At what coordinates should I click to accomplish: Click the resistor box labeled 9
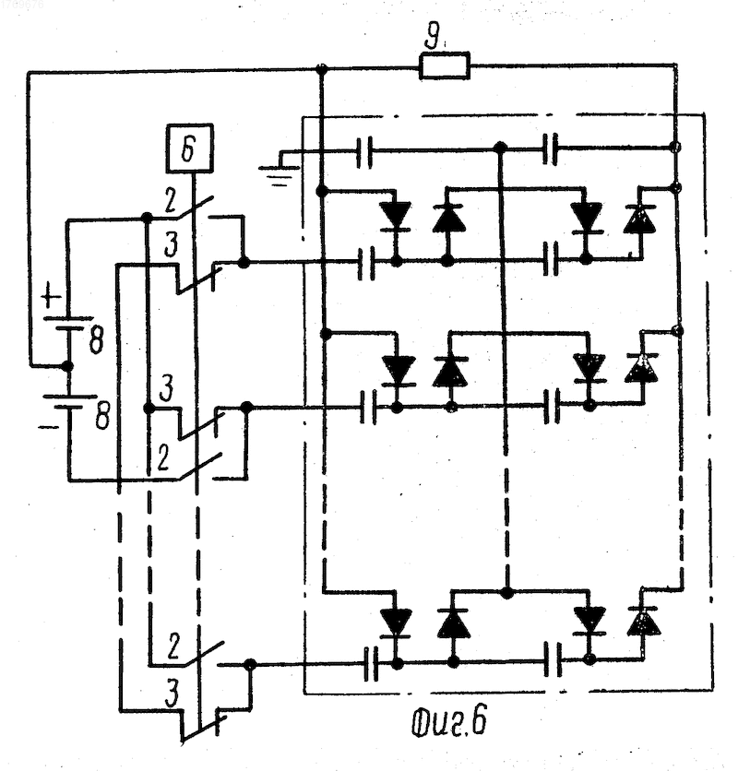tap(445, 65)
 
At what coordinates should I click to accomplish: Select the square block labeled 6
tap(190, 148)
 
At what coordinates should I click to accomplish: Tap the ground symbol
tap(279, 171)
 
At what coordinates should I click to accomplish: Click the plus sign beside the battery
tap(51, 298)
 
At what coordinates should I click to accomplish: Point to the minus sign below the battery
tap(48, 427)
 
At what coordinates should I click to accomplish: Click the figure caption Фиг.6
tap(448, 722)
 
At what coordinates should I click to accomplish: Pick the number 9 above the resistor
tap(432, 36)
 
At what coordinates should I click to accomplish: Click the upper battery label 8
tap(97, 339)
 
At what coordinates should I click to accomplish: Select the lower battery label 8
tap(101, 416)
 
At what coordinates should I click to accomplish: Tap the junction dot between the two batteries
tap(67, 366)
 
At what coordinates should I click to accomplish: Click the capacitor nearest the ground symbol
tap(364, 152)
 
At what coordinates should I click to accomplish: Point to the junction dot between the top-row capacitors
tap(500, 147)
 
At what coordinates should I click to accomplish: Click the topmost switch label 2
tap(171, 202)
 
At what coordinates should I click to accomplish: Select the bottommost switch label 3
tap(172, 694)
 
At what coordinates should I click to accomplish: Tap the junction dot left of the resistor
tap(321, 68)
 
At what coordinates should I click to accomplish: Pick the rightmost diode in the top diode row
tap(639, 219)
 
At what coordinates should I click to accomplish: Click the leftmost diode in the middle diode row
tap(399, 371)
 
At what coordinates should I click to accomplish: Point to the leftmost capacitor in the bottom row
tap(371, 664)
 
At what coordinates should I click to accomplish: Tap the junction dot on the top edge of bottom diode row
tap(506, 592)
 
